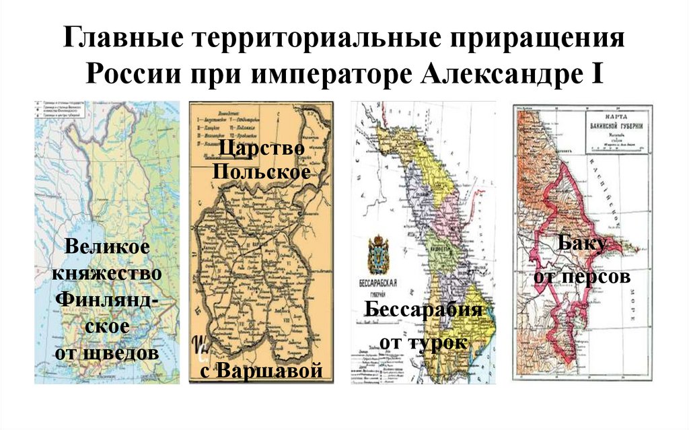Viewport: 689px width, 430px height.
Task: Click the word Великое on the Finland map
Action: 108,247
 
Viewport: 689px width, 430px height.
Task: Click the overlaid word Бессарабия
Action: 424,310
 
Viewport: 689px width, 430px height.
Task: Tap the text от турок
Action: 424,342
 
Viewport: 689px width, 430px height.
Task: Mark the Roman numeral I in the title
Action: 597,71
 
